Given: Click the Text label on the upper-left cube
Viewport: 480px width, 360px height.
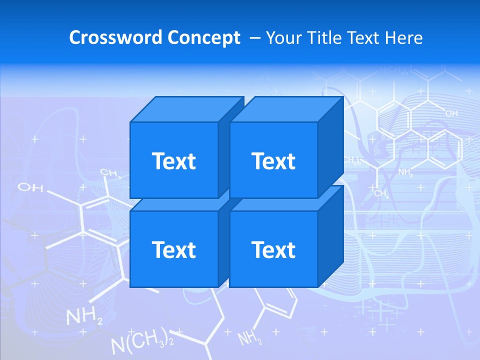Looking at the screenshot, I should tap(173, 161).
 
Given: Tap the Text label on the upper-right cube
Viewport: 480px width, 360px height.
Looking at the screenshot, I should tap(273, 161).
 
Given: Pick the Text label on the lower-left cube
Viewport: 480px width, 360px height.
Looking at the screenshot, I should tap(173, 249).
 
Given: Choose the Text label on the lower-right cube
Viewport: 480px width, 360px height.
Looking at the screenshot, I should tap(273, 249).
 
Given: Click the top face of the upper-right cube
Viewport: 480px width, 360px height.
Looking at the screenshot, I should tap(286, 109).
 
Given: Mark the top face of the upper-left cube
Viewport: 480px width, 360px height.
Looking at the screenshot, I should tap(186, 109).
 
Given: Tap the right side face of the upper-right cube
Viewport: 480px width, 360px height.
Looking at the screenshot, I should tap(331, 147).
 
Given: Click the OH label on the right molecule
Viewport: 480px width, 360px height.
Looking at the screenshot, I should tap(451, 114).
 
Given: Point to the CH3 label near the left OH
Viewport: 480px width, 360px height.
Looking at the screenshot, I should tap(110, 173).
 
